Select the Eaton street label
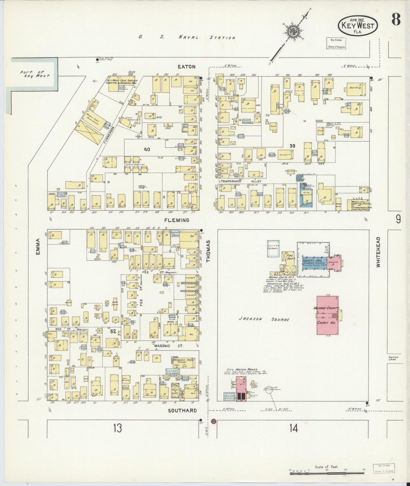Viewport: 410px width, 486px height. point(186,67)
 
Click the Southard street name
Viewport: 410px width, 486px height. point(182,410)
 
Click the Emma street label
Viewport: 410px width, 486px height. point(38,247)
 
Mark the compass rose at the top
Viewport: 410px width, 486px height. point(291,32)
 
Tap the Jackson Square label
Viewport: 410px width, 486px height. point(264,319)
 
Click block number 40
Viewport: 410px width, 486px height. point(147,149)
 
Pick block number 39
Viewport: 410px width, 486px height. point(292,146)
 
